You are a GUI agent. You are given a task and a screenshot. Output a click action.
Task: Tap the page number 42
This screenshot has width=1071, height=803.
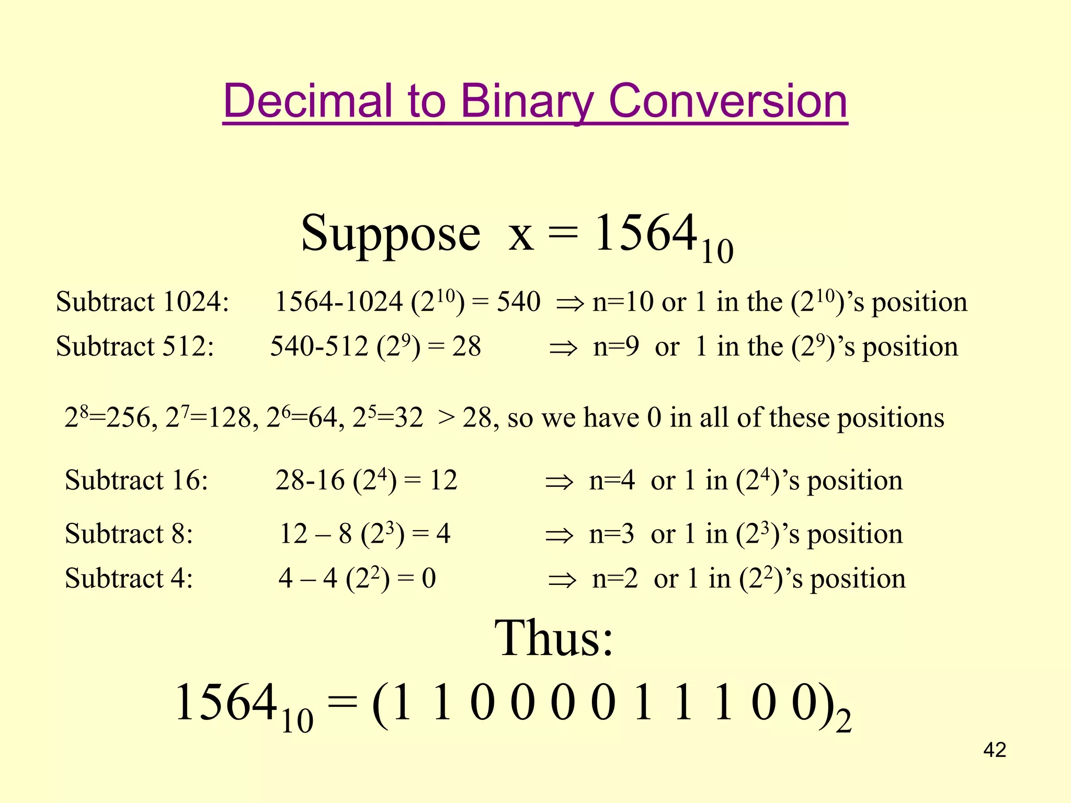[x=995, y=750]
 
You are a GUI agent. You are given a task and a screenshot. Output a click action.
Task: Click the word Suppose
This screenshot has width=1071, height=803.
[x=390, y=234]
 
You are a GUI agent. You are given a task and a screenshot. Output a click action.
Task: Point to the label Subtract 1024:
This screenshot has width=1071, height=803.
[x=142, y=302]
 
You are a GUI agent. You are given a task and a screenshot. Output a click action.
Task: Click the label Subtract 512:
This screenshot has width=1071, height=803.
[x=135, y=347]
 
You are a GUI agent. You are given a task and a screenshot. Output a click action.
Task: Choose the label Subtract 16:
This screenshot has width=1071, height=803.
[x=136, y=480]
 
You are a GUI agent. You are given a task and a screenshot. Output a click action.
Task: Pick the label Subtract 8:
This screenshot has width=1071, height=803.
[x=129, y=534]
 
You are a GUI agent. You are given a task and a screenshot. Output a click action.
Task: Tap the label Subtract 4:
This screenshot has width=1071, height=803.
[x=129, y=579]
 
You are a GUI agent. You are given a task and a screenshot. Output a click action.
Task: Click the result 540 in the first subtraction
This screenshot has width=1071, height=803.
[x=518, y=302]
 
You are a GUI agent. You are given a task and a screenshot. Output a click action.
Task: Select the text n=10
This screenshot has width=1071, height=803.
[x=623, y=302]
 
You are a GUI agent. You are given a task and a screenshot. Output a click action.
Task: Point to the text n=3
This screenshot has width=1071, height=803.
[x=611, y=534]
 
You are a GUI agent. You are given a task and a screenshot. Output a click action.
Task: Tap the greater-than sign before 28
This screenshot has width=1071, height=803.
[x=446, y=418]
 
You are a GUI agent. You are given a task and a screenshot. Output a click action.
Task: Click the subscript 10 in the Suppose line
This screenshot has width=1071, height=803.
[x=717, y=253]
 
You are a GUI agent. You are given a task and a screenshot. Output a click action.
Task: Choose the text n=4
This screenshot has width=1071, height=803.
[x=611, y=480]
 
